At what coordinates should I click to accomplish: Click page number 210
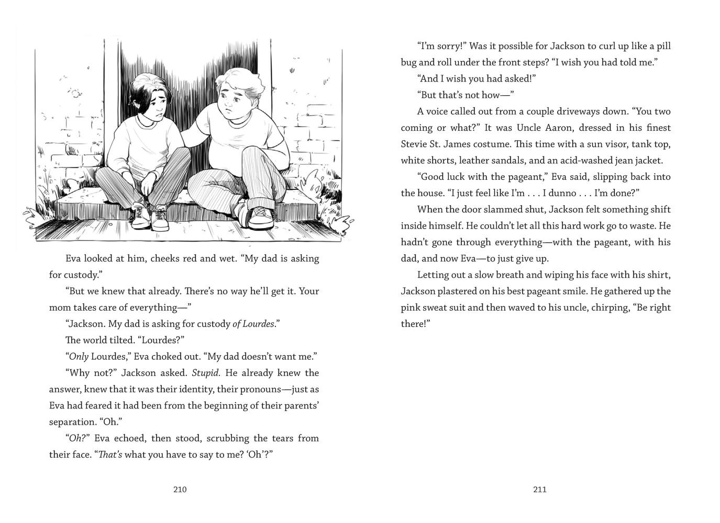tap(179, 490)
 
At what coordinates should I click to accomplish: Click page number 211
tap(539, 490)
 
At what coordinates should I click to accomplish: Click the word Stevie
tap(414, 144)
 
